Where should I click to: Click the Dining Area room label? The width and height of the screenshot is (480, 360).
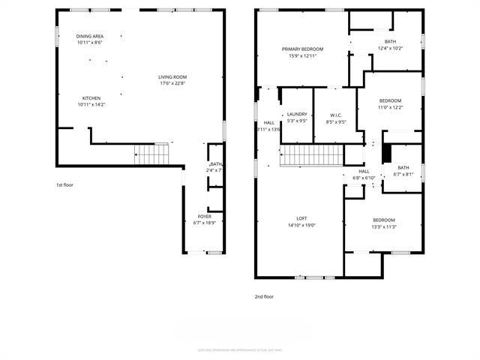click(x=89, y=37)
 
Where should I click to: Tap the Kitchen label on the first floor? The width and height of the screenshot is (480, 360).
click(x=91, y=98)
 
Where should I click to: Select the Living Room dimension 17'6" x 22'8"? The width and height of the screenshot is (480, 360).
click(x=172, y=83)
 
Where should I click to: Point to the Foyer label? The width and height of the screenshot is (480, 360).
click(x=204, y=216)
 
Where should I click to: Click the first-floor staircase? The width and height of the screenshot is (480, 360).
click(x=153, y=155)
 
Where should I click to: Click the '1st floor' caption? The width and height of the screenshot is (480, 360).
click(x=64, y=184)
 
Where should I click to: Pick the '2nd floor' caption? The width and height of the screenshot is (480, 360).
click(x=264, y=296)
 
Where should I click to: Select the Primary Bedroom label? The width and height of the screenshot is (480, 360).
click(x=302, y=49)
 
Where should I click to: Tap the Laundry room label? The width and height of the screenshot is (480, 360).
click(x=297, y=114)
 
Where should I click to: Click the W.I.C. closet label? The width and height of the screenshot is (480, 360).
click(x=335, y=115)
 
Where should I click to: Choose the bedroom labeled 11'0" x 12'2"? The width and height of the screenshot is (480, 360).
click(x=390, y=100)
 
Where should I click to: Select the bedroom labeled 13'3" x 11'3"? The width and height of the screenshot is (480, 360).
click(x=384, y=220)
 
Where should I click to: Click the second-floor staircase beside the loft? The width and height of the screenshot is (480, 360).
click(x=311, y=156)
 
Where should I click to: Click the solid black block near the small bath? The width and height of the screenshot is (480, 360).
click(x=387, y=151)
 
